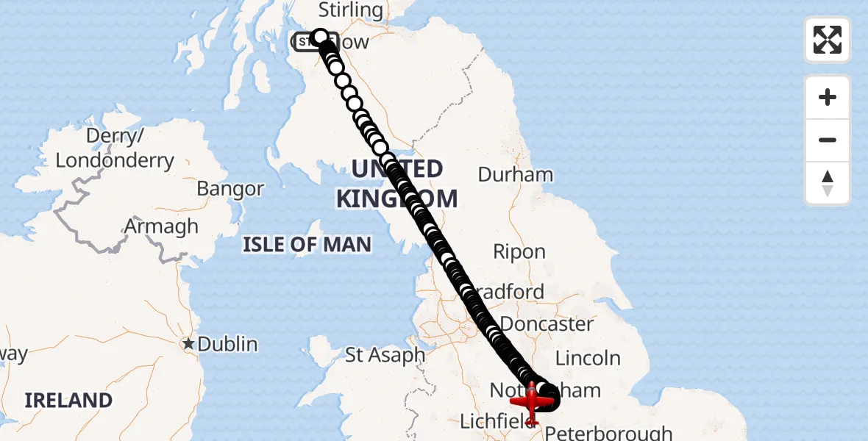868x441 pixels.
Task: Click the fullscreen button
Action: click(828, 40)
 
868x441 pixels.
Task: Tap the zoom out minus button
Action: click(828, 140)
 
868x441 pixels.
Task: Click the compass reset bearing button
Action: click(828, 183)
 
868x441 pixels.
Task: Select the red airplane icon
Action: click(532, 402)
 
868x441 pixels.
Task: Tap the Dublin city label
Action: click(227, 343)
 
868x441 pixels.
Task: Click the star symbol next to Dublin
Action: click(189, 343)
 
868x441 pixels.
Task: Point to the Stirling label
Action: click(351, 10)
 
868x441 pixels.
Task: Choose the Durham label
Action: click(515, 174)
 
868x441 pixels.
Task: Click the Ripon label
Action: click(519, 251)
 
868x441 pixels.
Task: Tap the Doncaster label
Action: click(547, 323)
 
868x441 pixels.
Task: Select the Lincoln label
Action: click(588, 358)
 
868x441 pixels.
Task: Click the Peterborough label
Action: click(608, 432)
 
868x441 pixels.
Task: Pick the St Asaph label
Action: click(385, 355)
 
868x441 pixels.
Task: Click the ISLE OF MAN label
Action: click(307, 245)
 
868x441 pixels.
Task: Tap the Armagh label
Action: click(161, 226)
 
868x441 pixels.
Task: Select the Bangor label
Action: click(230, 189)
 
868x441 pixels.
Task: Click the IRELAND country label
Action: click(68, 400)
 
